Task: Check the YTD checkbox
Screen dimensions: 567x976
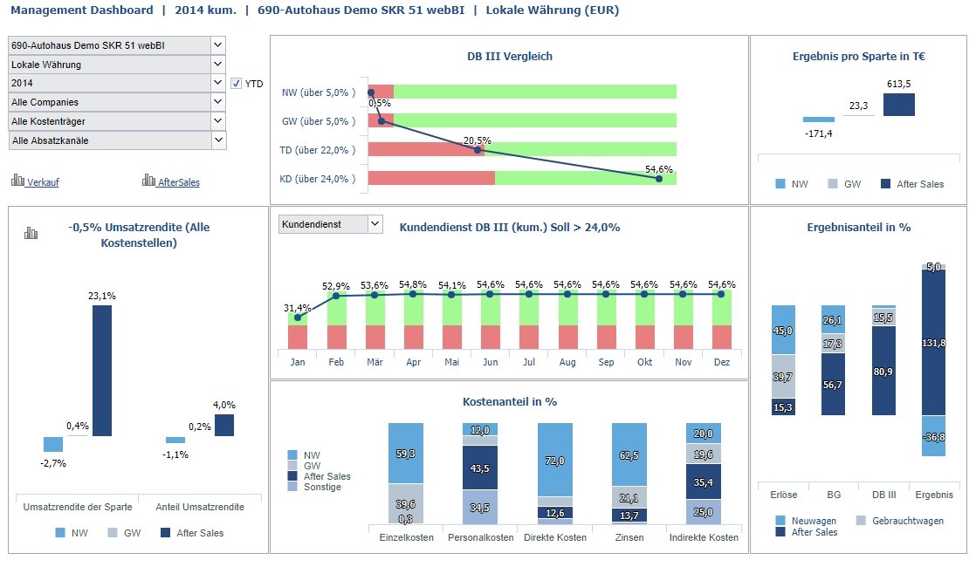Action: tap(237, 84)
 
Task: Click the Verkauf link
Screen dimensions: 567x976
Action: tap(43, 182)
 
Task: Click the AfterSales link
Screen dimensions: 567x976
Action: tap(178, 182)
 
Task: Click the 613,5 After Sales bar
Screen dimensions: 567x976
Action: tap(898, 105)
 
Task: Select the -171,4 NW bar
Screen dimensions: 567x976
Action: tap(818, 120)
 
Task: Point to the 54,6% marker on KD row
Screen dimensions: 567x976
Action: tap(658, 179)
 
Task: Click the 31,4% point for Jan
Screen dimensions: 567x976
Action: tap(298, 318)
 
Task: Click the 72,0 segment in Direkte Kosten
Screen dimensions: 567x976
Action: tap(554, 460)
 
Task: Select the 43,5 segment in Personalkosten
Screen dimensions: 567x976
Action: tap(479, 468)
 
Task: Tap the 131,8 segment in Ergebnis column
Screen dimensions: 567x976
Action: tap(933, 343)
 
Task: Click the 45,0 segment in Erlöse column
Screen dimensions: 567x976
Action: tap(783, 330)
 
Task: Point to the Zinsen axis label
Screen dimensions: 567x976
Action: tap(629, 537)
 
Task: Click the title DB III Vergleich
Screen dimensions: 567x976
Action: tap(509, 57)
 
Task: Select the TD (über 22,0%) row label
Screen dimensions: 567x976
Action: tap(318, 150)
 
